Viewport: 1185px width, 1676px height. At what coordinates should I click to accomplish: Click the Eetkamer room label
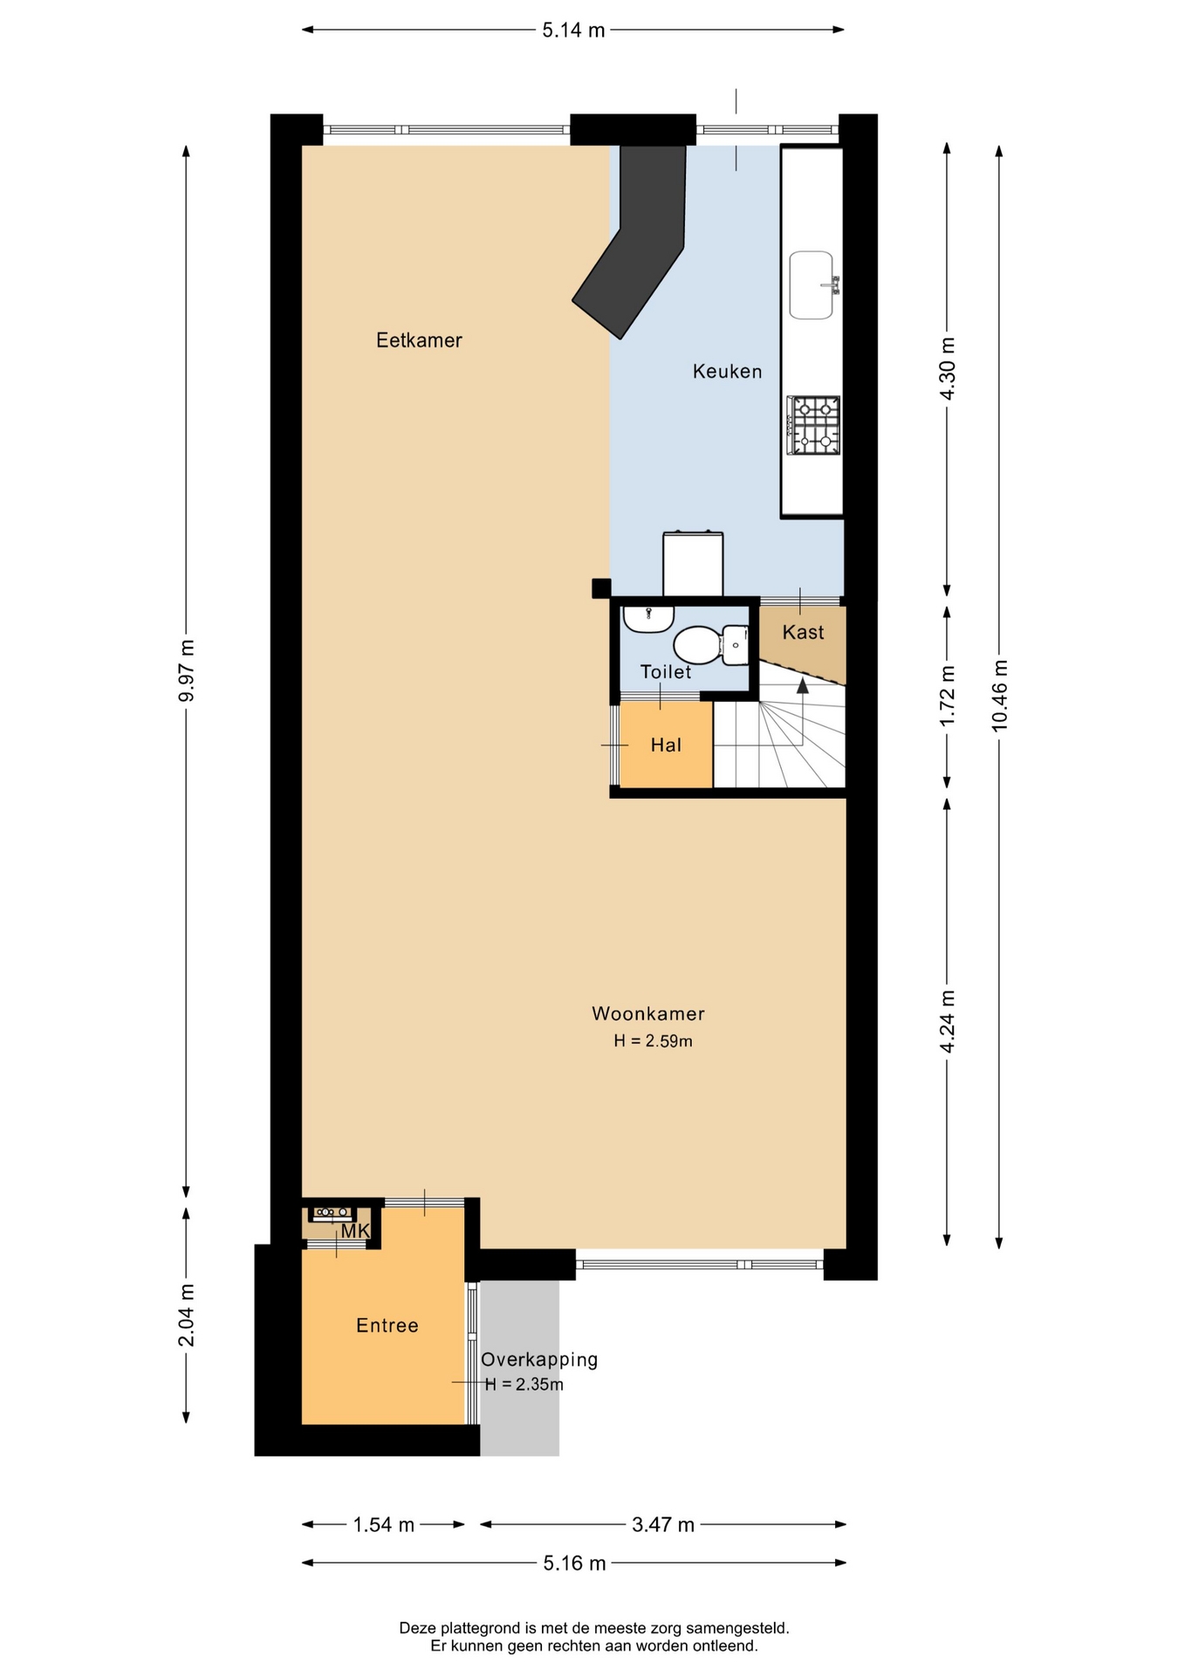[419, 340]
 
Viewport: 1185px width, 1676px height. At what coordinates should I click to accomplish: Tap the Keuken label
[727, 372]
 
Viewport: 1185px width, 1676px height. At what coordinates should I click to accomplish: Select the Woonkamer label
[648, 1013]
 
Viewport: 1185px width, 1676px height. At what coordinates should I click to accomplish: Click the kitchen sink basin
[812, 285]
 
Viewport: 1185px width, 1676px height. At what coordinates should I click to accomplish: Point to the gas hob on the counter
[813, 425]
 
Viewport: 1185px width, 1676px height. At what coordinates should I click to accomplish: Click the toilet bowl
[695, 645]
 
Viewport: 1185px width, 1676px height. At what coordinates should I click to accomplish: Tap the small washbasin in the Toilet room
[647, 617]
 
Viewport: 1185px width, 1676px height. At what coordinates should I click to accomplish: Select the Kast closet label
[803, 632]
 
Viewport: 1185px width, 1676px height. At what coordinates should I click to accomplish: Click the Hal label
[666, 745]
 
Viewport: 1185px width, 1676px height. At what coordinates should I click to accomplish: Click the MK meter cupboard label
[355, 1231]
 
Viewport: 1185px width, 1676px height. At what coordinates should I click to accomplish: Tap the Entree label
[387, 1325]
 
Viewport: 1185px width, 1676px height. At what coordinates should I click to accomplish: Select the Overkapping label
[539, 1360]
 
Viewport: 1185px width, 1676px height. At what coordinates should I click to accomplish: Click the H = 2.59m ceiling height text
[653, 1041]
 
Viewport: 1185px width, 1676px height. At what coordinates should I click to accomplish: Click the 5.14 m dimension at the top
[573, 31]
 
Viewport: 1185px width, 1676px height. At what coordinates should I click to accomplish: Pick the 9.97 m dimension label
[186, 670]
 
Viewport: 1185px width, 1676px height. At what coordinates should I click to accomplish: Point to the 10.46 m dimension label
[999, 695]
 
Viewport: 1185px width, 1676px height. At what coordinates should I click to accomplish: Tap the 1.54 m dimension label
[383, 1525]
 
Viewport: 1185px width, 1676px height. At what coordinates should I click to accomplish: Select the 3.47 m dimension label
[663, 1525]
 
